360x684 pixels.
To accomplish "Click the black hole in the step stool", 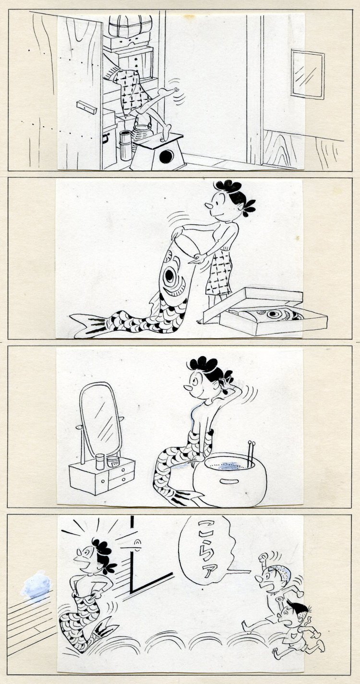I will [x=167, y=156].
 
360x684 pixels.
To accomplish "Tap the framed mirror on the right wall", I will [x=308, y=74].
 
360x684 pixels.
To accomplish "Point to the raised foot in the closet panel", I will [x=168, y=90].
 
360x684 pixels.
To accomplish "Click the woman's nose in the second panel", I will [x=209, y=207].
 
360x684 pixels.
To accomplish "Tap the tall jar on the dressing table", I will [x=100, y=462].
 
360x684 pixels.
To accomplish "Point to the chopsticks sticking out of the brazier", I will [x=251, y=452].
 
